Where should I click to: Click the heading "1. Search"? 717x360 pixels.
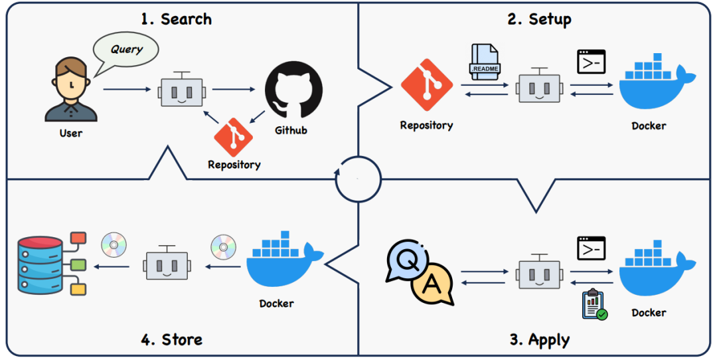pos(176,19)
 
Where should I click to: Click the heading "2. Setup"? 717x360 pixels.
pos(539,19)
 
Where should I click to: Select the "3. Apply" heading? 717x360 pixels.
pos(539,340)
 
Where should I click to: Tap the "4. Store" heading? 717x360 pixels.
pos(171,339)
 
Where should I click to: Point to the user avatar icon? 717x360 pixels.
pos(70,90)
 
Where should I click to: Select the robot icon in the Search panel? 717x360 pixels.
pos(181,90)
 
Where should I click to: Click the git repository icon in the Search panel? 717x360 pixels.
pos(234,137)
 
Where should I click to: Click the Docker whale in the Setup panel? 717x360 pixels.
pos(654,86)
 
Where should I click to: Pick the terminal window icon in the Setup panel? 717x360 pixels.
pos(591,61)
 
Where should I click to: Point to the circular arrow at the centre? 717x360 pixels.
pos(358,179)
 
